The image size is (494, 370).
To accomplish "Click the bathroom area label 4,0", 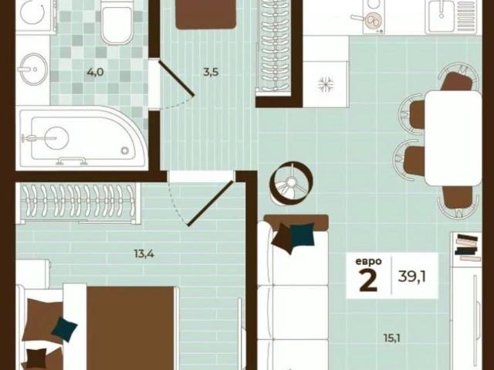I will [95, 73].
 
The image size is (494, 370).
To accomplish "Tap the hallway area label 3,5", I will [211, 73].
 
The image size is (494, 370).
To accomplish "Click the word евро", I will [368, 261].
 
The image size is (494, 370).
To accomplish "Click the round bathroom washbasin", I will [33, 70].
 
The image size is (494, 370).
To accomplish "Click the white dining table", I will [453, 137].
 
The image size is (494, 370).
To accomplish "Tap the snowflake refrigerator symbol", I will [325, 83].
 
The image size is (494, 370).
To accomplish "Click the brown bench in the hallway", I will [205, 13].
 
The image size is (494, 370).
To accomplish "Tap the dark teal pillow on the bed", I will [64, 330].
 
